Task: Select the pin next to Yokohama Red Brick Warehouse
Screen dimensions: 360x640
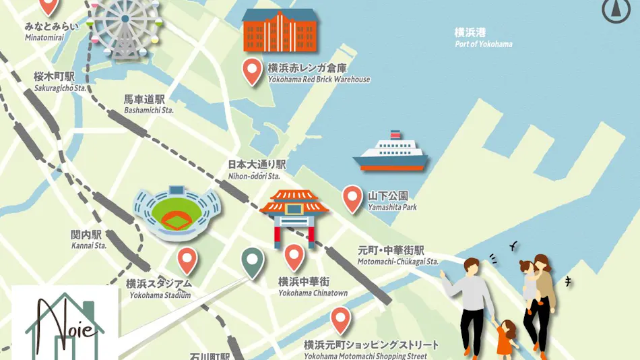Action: [252, 71]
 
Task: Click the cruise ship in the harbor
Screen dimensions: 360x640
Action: [391, 152]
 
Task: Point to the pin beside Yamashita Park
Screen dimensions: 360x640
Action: [352, 199]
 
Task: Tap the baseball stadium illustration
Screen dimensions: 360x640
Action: [177, 212]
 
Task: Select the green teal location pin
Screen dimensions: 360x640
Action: [253, 262]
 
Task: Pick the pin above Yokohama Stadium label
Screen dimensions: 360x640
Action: [187, 260]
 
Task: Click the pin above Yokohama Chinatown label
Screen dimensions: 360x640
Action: [294, 257]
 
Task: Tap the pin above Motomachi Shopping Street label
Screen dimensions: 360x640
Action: [341, 320]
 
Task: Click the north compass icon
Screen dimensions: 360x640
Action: [614, 10]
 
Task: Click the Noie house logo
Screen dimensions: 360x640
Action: [65, 324]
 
